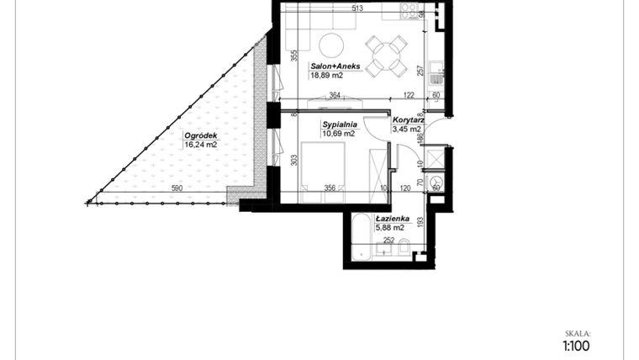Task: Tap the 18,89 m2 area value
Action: tap(326, 75)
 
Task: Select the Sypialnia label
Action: tap(338, 124)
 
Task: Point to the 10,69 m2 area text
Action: tap(338, 133)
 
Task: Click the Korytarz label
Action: tap(407, 119)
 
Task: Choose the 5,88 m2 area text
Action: tap(390, 228)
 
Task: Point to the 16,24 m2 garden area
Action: tap(200, 144)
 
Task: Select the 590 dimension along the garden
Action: tap(177, 188)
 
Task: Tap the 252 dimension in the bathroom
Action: tap(389, 240)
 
